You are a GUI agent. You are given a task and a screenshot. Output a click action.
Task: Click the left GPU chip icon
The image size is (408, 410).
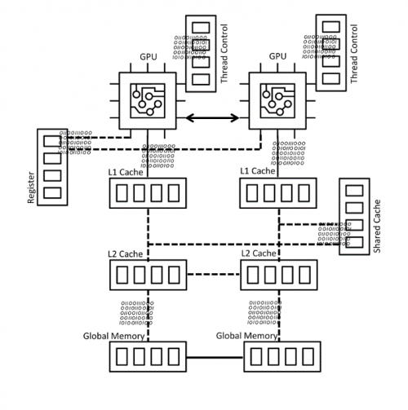tap(148, 102)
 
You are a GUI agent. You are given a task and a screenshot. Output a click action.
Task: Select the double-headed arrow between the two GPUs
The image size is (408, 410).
tap(212, 118)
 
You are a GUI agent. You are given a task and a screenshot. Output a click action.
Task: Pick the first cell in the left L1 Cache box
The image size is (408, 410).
tap(124, 193)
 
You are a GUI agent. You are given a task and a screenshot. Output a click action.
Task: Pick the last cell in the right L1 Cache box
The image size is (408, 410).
tap(304, 193)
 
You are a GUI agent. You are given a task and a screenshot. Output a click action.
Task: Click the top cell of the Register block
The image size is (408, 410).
tap(52, 142)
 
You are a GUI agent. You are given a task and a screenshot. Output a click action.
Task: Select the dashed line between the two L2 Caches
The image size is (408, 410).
tap(212, 274)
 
